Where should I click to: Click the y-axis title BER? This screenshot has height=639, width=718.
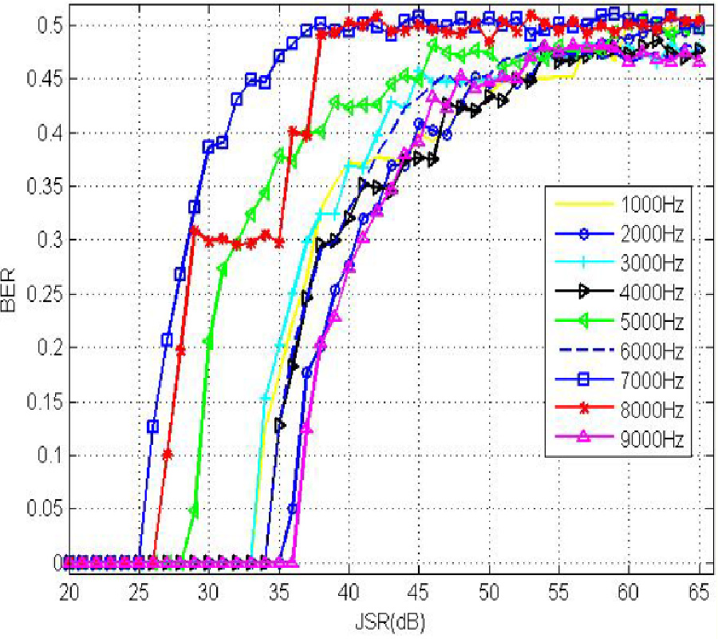point(11,292)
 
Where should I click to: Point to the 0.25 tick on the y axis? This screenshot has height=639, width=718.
point(40,294)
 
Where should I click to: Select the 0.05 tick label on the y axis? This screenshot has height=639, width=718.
point(40,509)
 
